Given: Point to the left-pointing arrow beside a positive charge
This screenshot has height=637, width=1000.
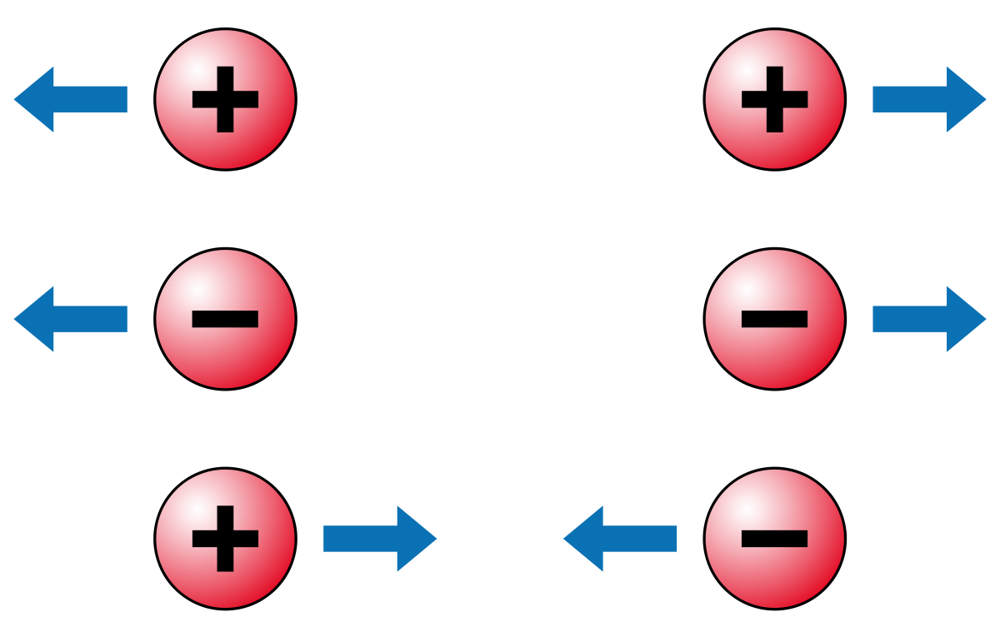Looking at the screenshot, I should pos(71,99).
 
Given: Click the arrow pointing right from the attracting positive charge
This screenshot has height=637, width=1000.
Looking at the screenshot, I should pos(379,539).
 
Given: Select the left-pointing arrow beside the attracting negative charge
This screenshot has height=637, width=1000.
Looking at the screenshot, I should pos(621,539).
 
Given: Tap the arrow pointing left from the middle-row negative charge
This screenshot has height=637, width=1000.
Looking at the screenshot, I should pos(71,319).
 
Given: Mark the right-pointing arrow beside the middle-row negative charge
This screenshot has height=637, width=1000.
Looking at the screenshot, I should pos(929,319).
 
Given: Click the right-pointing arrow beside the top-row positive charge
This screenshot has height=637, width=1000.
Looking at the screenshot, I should pos(929,99).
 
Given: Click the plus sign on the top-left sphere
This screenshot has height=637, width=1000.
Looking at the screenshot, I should pos(225,99).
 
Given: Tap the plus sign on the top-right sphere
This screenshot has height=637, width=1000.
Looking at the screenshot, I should pos(775,99).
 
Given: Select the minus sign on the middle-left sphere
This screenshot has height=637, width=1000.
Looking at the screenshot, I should pos(225,319).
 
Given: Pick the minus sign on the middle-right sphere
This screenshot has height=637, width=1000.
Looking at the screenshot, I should pos(775,319).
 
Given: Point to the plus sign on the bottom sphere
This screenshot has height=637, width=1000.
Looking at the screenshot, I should pos(225,539).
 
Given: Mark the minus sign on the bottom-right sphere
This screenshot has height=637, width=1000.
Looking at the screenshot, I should pos(775,539).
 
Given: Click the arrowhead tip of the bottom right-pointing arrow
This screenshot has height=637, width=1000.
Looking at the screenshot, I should pos(432,539).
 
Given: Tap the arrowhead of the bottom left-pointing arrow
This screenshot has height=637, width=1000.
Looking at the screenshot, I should pos(583,539).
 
